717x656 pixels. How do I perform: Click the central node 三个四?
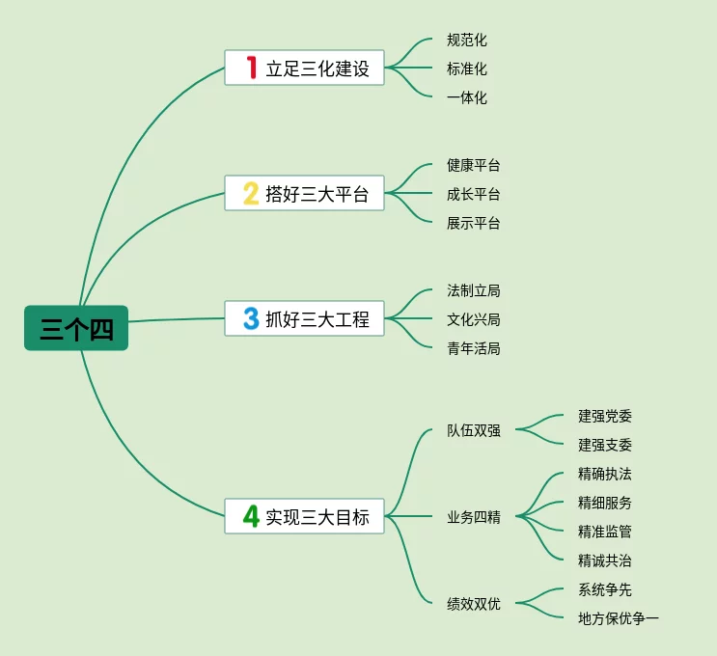click(x=76, y=329)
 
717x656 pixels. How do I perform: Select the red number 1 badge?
click(x=251, y=68)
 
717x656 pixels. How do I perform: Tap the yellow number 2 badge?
click(x=251, y=193)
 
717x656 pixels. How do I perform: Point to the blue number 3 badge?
click(x=251, y=318)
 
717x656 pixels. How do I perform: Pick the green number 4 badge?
click(x=251, y=516)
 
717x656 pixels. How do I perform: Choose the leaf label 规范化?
click(x=467, y=41)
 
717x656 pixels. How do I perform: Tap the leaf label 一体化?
click(x=467, y=97)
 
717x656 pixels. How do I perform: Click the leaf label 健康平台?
click(x=474, y=166)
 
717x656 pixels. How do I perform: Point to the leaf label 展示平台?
click(x=474, y=223)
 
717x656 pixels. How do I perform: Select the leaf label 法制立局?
click(x=474, y=290)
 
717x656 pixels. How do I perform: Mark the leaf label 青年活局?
click(x=474, y=348)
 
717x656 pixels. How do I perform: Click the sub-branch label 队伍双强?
click(x=474, y=430)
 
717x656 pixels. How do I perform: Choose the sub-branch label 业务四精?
click(x=474, y=517)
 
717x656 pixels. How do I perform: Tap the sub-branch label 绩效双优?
click(x=474, y=604)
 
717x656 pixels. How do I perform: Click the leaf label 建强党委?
click(x=605, y=416)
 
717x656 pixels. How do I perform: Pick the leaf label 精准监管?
click(x=605, y=532)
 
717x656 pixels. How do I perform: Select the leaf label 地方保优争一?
click(x=619, y=618)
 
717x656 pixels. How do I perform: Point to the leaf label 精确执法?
click(x=605, y=474)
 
